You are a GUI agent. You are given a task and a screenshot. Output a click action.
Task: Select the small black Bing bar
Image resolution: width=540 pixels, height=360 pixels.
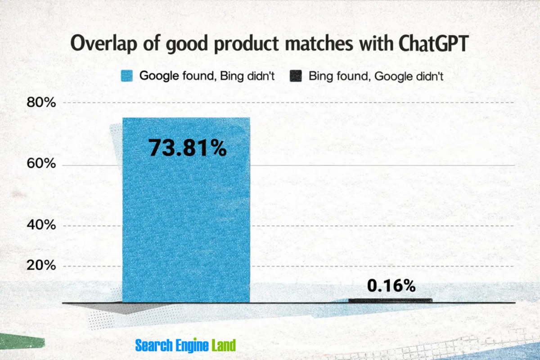391,300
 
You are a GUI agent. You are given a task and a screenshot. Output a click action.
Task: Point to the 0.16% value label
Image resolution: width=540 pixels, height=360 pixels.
391,285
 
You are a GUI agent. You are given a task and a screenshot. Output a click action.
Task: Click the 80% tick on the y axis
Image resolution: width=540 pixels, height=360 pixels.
40,103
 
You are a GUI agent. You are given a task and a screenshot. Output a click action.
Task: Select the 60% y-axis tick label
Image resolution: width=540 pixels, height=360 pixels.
40,165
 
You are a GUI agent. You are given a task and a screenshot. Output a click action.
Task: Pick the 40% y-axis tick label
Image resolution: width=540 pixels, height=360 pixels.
40,225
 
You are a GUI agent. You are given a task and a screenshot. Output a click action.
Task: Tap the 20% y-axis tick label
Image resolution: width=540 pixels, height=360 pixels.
40,266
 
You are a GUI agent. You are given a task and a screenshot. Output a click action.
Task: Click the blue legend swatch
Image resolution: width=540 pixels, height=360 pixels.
127,76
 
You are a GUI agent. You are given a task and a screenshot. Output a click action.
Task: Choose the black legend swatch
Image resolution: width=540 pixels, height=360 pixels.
295,76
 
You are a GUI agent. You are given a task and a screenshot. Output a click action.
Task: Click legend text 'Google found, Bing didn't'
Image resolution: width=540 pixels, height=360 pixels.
207,76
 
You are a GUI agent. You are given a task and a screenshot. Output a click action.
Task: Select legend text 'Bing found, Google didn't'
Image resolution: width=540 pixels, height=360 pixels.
376,76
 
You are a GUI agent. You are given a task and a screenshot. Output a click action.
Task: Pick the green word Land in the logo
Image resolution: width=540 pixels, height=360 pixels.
224,346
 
